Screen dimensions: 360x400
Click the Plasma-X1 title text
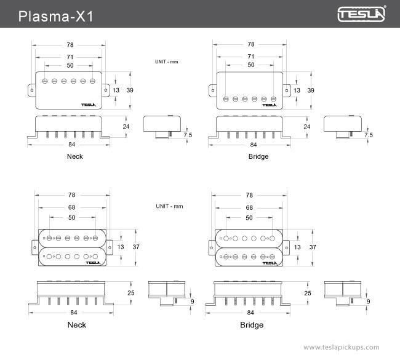pyautogui.click(x=55, y=15)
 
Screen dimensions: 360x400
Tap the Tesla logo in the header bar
pyautogui.click(x=361, y=14)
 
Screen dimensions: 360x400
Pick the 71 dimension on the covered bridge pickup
pyautogui.click(x=250, y=56)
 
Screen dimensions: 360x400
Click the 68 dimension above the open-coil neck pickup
pyautogui.click(x=71, y=207)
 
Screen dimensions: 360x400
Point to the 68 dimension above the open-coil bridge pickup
pyautogui.click(x=249, y=207)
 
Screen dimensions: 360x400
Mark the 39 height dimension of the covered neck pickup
pyautogui.click(x=130, y=90)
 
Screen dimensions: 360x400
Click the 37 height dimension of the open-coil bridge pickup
pyautogui.click(x=313, y=247)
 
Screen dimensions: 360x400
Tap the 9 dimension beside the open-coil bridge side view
pyautogui.click(x=368, y=302)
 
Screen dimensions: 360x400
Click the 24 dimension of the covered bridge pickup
pyautogui.click(x=306, y=126)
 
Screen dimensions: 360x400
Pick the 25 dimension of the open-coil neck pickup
pyautogui.click(x=130, y=293)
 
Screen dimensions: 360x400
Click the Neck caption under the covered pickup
pyautogui.click(x=74, y=156)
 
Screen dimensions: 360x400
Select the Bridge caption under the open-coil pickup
pyautogui.click(x=251, y=325)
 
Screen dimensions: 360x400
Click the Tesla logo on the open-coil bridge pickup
pyautogui.click(x=268, y=263)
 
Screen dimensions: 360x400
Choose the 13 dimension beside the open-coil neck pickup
pyautogui.click(x=121, y=247)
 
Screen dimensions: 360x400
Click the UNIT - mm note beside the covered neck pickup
pyautogui.click(x=166, y=62)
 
